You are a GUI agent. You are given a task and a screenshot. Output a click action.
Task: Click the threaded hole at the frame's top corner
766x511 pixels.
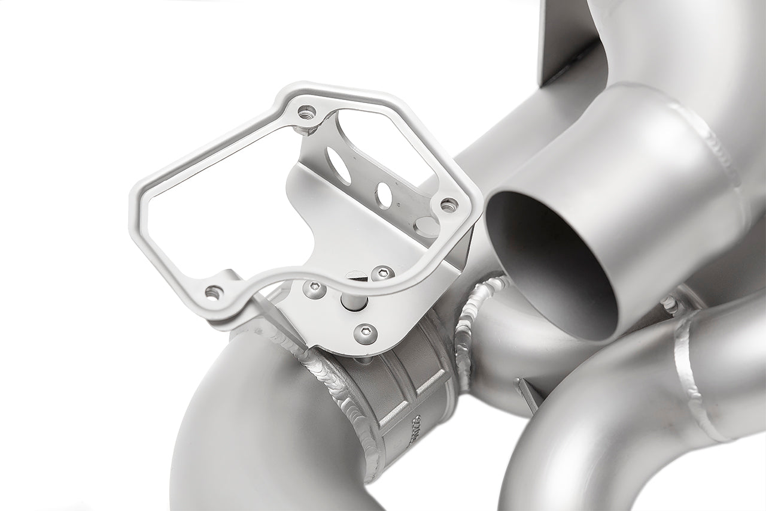306,112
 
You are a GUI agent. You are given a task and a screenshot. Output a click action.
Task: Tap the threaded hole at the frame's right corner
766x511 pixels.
449,205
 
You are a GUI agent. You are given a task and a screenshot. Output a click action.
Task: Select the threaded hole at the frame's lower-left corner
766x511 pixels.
214,292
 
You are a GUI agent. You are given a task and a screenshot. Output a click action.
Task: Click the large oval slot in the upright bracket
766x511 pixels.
339,165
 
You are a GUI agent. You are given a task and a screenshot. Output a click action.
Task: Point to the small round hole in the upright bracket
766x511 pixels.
384,195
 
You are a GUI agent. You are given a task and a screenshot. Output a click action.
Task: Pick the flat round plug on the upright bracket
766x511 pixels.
426,226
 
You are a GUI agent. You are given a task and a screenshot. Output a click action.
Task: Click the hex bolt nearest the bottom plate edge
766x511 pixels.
365,334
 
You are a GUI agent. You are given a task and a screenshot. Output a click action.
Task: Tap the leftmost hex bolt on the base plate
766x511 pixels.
314,289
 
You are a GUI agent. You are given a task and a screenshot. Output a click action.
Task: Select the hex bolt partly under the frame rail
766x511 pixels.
382,273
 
